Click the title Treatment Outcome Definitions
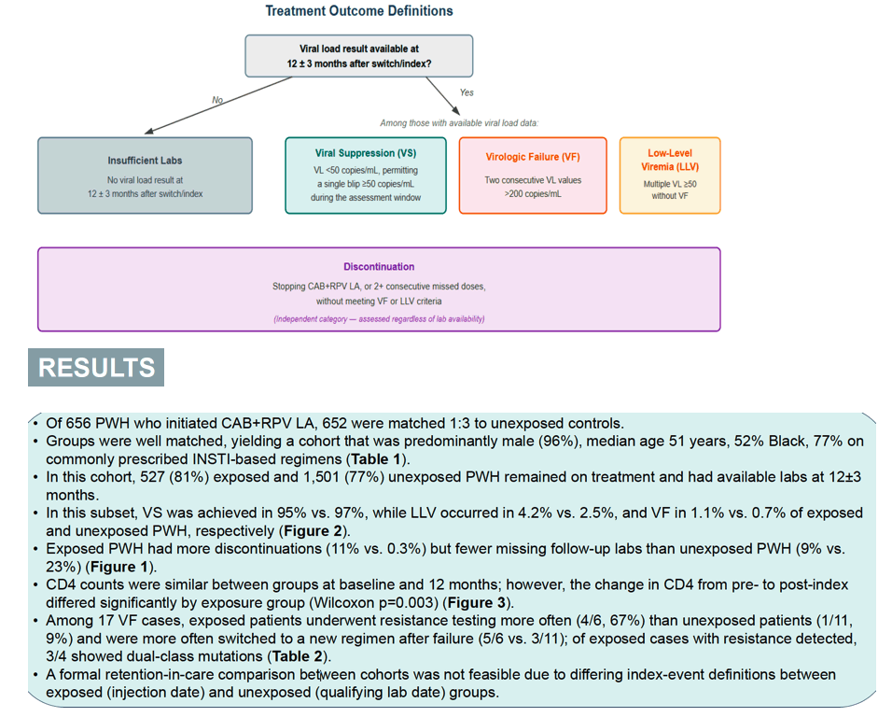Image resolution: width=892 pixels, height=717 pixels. (359, 11)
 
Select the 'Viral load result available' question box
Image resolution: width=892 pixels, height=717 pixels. (359, 56)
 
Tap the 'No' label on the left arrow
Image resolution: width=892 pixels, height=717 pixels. (217, 100)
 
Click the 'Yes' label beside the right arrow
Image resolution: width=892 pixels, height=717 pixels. (467, 92)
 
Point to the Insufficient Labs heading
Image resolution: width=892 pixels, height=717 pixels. (145, 161)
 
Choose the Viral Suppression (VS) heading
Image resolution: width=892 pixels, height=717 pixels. (366, 153)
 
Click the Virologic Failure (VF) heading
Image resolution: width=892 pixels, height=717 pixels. (533, 157)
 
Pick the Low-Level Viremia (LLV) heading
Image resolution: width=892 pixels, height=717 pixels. (670, 160)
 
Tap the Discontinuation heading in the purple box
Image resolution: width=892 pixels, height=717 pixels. (379, 266)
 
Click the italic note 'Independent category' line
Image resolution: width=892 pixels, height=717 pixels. (379, 318)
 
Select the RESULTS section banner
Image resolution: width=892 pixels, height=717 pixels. (96, 367)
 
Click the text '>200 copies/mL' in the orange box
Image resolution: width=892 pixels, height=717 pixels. (533, 194)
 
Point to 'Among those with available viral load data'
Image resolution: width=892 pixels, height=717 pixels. (459, 123)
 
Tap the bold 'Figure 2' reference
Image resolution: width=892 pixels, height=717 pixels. (313, 531)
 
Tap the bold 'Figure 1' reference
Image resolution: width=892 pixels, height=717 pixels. (119, 567)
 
